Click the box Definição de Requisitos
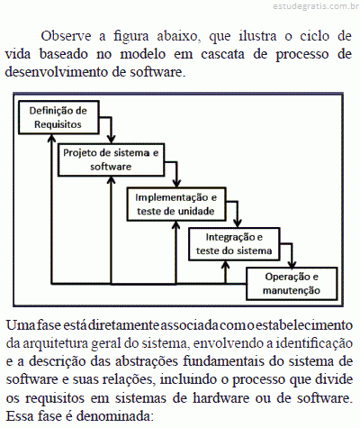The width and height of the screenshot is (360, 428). pyautogui.click(x=58, y=117)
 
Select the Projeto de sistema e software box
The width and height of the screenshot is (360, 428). pyautogui.click(x=112, y=159)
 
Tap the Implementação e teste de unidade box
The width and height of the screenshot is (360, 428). pyautogui.click(x=176, y=205)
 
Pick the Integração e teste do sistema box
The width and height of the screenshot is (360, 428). pyautogui.click(x=234, y=244)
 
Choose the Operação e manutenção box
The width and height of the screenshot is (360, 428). pyautogui.click(x=292, y=284)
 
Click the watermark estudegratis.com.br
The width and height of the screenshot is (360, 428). pyautogui.click(x=316, y=6)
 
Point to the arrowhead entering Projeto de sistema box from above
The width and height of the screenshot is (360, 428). pyautogui.click(x=112, y=140)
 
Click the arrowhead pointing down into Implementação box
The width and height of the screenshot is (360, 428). pyautogui.click(x=176, y=184)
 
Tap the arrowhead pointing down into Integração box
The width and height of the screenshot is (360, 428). pyautogui.click(x=238, y=223)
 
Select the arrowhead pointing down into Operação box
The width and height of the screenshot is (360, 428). pyautogui.click(x=292, y=264)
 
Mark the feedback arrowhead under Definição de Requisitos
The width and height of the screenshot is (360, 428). pyautogui.click(x=52, y=138)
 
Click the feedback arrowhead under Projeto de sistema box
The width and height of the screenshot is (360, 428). pyautogui.click(x=112, y=180)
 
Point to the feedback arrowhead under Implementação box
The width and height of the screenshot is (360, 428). pyautogui.click(x=176, y=225)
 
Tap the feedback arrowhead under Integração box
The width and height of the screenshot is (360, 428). pyautogui.click(x=226, y=264)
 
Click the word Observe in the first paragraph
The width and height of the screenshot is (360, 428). pyautogui.click(x=66, y=36)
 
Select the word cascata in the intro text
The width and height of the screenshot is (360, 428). pyautogui.click(x=222, y=54)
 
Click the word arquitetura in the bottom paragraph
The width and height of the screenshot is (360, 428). pyautogui.click(x=55, y=344)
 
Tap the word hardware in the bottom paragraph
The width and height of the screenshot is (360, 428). pyautogui.click(x=220, y=398)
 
